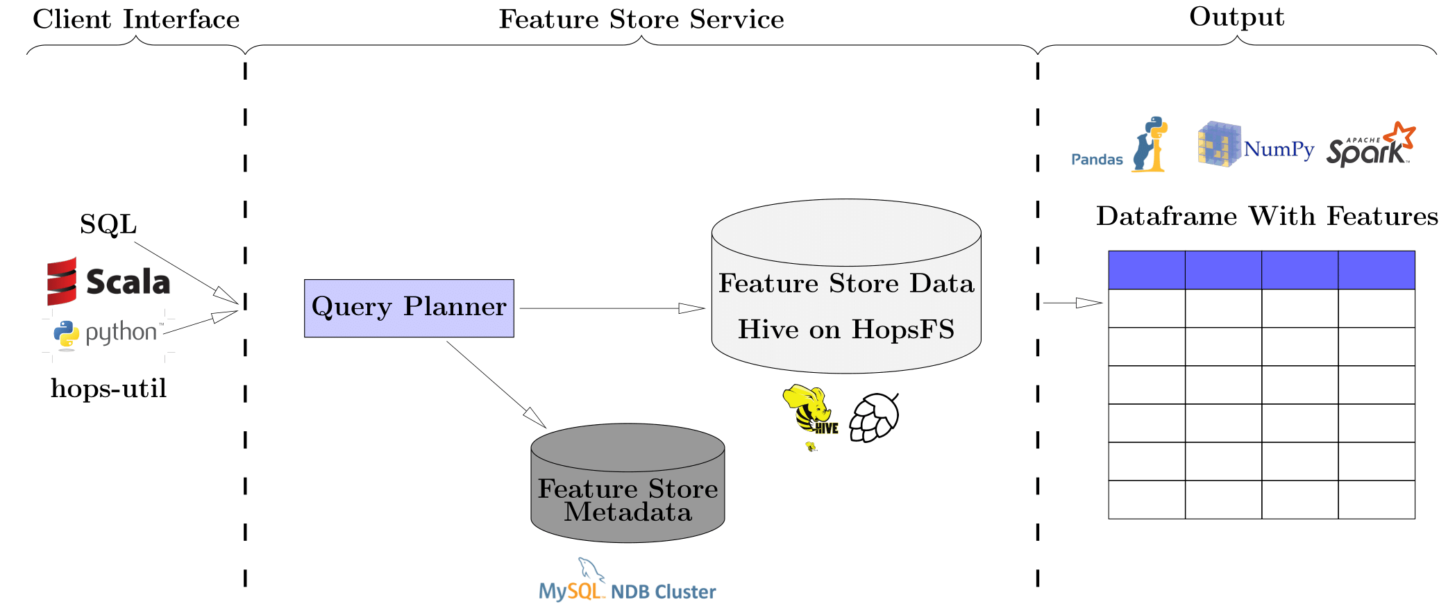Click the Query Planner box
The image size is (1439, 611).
pyautogui.click(x=409, y=308)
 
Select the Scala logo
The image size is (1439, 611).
pyautogui.click(x=108, y=281)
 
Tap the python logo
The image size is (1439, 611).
pyautogui.click(x=108, y=333)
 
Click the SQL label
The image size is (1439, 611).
pyautogui.click(x=108, y=224)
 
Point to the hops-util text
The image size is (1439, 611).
pyautogui.click(x=109, y=388)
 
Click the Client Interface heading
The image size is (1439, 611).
pyautogui.click(x=136, y=19)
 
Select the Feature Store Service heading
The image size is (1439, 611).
pyautogui.click(x=641, y=19)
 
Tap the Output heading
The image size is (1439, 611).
pyautogui.click(x=1236, y=17)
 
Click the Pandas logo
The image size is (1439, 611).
pyautogui.click(x=1119, y=146)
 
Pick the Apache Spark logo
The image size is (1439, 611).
pyautogui.click(x=1370, y=144)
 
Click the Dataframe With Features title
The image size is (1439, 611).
pyautogui.click(x=1267, y=217)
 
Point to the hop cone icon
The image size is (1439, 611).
pyautogui.click(x=875, y=417)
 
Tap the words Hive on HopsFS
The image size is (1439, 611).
pyautogui.click(x=845, y=329)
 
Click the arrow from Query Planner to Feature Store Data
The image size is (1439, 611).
pyautogui.click(x=611, y=308)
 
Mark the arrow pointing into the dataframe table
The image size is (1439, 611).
pyautogui.click(x=1072, y=303)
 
